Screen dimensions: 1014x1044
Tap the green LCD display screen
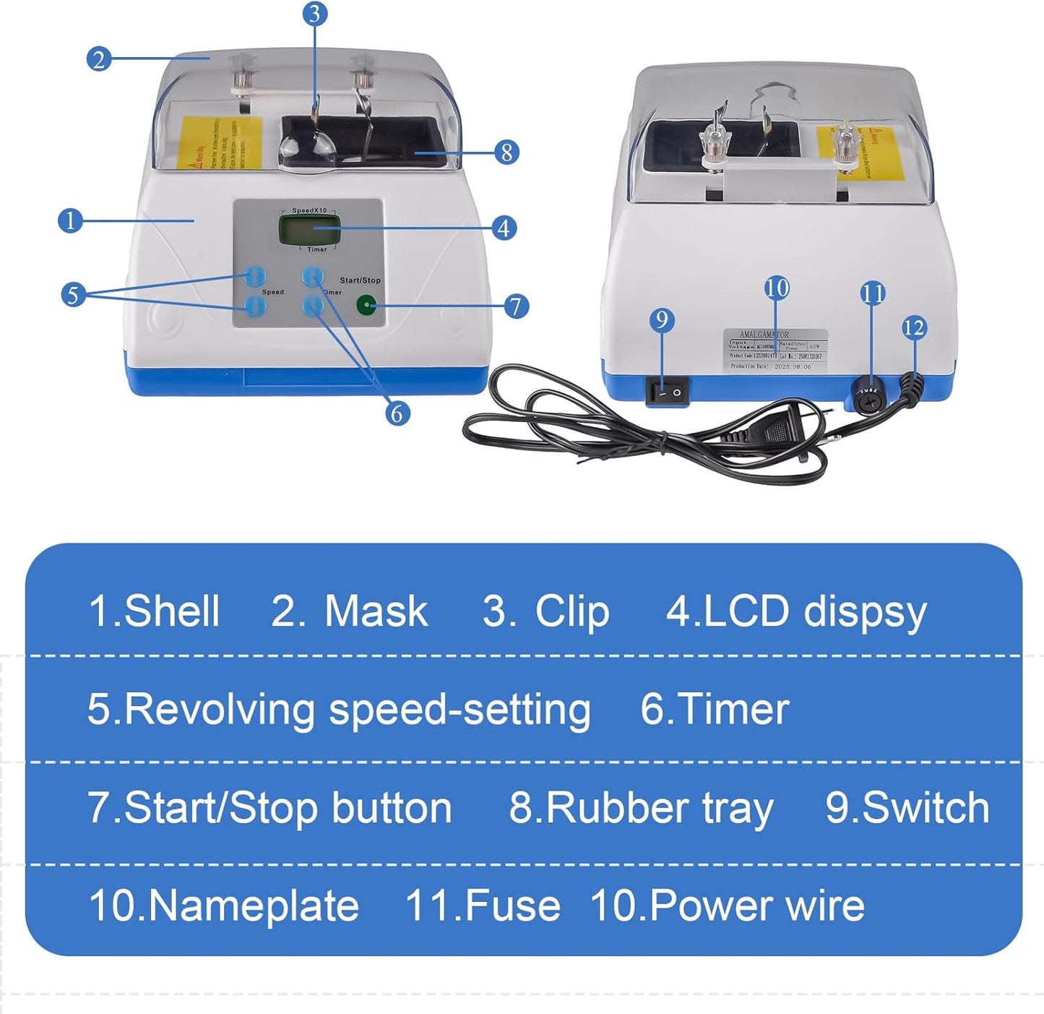pos(313,230)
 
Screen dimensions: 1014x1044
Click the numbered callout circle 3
pos(314,13)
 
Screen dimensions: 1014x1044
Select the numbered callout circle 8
pos(506,152)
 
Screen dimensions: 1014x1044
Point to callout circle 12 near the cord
pos(914,327)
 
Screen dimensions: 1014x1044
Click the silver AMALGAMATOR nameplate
pos(775,351)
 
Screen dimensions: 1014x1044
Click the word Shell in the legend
pos(171,611)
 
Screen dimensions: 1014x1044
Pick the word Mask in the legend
pos(376,611)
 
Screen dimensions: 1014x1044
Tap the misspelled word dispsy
pos(865,613)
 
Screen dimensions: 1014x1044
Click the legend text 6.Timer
pos(714,709)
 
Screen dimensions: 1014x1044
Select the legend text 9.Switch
pos(907,807)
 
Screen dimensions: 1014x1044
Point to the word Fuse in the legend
pos(512,906)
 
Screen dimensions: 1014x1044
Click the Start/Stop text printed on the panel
pos(360,280)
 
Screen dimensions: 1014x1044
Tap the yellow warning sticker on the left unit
pos(218,142)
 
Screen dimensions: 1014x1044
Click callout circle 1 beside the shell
pos(70,220)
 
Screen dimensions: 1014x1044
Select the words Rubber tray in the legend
pos(659,808)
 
